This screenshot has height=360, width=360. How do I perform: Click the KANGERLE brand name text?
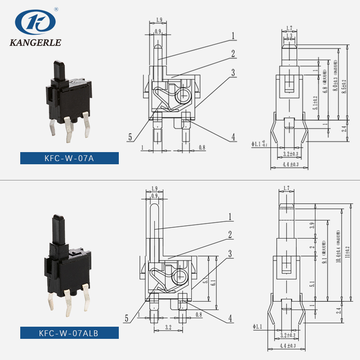coord(35,44)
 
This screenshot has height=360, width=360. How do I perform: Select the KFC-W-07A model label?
coord(69,158)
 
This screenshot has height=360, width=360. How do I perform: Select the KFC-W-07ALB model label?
coord(69,333)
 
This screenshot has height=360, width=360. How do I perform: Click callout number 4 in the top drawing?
coord(234,137)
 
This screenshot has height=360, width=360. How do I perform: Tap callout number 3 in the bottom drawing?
coord(230,254)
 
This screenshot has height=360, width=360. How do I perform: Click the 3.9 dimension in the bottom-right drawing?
coord(312,226)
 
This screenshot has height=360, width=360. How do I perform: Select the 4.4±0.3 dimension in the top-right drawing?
coord(290,165)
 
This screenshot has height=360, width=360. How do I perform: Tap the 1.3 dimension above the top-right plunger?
coord(289,35)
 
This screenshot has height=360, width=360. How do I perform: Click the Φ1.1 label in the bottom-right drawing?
coord(257,327)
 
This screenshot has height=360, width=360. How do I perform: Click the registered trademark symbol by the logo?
coord(56,9)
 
